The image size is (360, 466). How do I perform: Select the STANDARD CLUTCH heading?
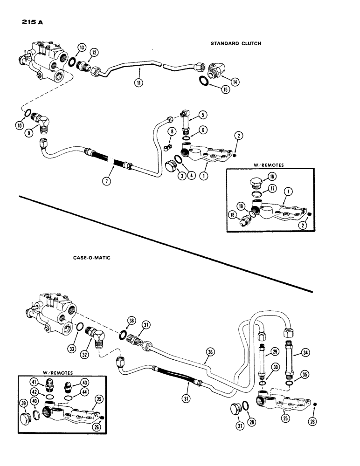[x=236, y=43]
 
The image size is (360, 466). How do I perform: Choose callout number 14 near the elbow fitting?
[x=234, y=82]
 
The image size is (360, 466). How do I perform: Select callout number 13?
[x=82, y=48]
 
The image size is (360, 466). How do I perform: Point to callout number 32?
[x=98, y=347]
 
